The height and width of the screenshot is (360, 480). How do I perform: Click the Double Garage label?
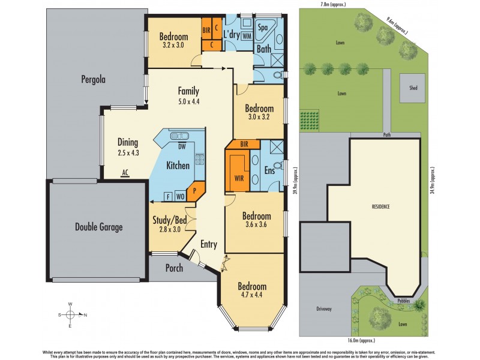pos(98,227)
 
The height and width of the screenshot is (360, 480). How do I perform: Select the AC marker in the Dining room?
pos(125,172)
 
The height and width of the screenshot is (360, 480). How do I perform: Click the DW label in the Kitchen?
pos(181,146)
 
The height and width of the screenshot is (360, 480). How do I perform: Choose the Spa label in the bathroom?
pos(263,28)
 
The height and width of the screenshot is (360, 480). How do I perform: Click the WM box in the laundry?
pos(247,36)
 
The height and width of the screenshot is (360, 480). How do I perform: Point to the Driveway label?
pos(324,309)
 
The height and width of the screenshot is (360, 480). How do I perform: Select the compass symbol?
pos(70,314)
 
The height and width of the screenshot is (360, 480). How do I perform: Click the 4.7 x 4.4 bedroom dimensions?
pos(251,295)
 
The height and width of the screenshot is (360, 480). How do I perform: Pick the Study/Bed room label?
pos(170,220)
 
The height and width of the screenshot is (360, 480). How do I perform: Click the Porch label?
pos(174,268)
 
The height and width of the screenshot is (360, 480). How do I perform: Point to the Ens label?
pos(269,170)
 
